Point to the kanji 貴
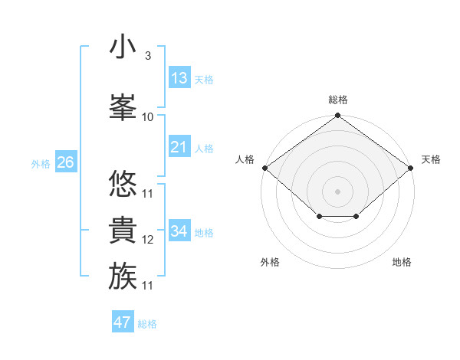coord(123,229)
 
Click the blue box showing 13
coord(179,78)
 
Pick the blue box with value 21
coord(179,147)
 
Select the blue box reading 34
coord(179,231)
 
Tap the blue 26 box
coord(65,162)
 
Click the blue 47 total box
coord(123,322)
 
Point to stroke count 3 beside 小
coord(147,56)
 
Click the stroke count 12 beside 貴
coord(148,240)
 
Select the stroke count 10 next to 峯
coord(148,117)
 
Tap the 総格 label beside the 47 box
coord(147,324)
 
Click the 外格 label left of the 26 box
coord(41,163)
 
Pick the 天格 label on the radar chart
coord(431,159)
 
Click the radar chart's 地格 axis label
coord(402,263)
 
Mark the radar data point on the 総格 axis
coord(337,116)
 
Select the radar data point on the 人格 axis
coord(264,168)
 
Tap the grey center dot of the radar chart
coord(337,191)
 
